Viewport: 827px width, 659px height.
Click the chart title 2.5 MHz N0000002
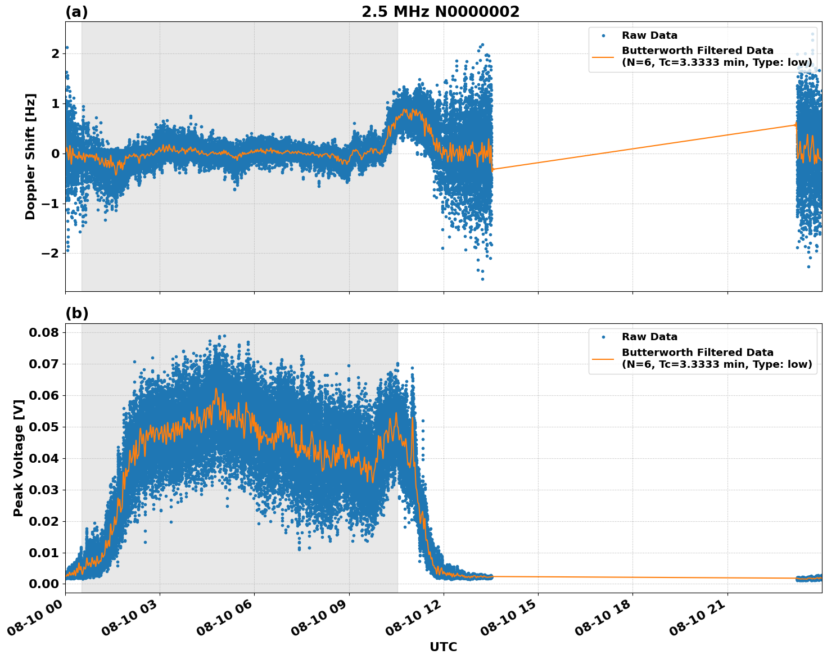coord(440,12)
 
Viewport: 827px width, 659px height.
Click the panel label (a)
coord(76,12)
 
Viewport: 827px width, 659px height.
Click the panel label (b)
coord(76,313)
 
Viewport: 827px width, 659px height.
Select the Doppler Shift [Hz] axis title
coord(30,156)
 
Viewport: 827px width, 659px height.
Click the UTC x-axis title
coord(443,647)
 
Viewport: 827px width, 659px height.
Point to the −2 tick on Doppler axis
coord(49,254)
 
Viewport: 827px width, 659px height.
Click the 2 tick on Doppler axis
coord(55,54)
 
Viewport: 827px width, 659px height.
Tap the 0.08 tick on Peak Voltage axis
coord(44,332)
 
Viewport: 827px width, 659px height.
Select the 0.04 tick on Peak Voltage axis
coord(44,458)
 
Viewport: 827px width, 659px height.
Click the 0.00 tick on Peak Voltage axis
coord(44,584)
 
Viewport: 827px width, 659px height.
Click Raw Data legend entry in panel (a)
coord(649,35)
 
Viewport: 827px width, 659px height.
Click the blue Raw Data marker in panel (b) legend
coord(603,337)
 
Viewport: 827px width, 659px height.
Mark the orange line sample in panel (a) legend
coord(603,56)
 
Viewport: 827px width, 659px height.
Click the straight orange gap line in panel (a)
coord(641,147)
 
